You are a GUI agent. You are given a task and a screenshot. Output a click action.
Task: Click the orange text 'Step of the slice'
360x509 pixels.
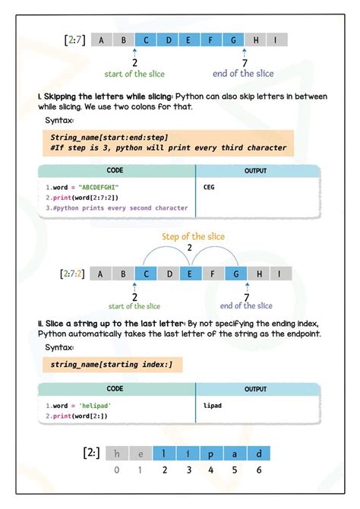click(190, 236)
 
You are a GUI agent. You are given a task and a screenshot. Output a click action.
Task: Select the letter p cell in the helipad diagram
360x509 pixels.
click(212, 454)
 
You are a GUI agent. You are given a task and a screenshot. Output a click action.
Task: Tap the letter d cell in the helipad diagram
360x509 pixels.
click(259, 454)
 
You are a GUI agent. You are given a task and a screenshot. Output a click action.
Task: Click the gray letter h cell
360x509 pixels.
click(116, 454)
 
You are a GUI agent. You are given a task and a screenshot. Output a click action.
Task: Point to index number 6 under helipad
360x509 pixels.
click(259, 470)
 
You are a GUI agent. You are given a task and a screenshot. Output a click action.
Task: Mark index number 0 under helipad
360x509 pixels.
click(116, 470)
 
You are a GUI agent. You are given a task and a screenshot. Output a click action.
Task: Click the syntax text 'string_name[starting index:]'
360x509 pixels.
click(112, 365)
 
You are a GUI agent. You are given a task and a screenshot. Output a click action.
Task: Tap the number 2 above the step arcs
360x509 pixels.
click(191, 247)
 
